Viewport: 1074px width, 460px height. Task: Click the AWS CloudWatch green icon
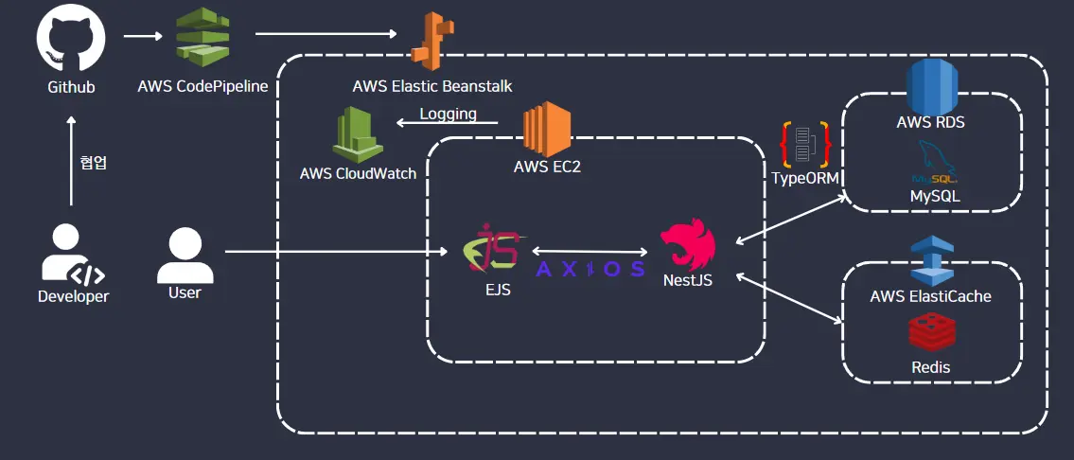(358, 134)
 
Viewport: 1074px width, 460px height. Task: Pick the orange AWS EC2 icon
(547, 130)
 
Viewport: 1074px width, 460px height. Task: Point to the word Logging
(448, 114)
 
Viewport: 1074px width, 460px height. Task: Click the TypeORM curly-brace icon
(805, 146)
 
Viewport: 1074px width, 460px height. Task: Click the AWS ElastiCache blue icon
(931, 260)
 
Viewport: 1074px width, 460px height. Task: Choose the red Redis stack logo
(931, 332)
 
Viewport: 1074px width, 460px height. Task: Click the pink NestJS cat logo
(688, 245)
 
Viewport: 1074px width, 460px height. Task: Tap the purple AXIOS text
(590, 269)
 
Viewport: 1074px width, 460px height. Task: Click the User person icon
(185, 256)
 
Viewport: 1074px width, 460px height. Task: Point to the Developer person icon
(73, 257)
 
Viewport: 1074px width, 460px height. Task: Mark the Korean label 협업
(93, 164)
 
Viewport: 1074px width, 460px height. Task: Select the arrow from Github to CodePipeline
(143, 36)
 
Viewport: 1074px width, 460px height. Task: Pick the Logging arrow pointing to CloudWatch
(448, 123)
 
